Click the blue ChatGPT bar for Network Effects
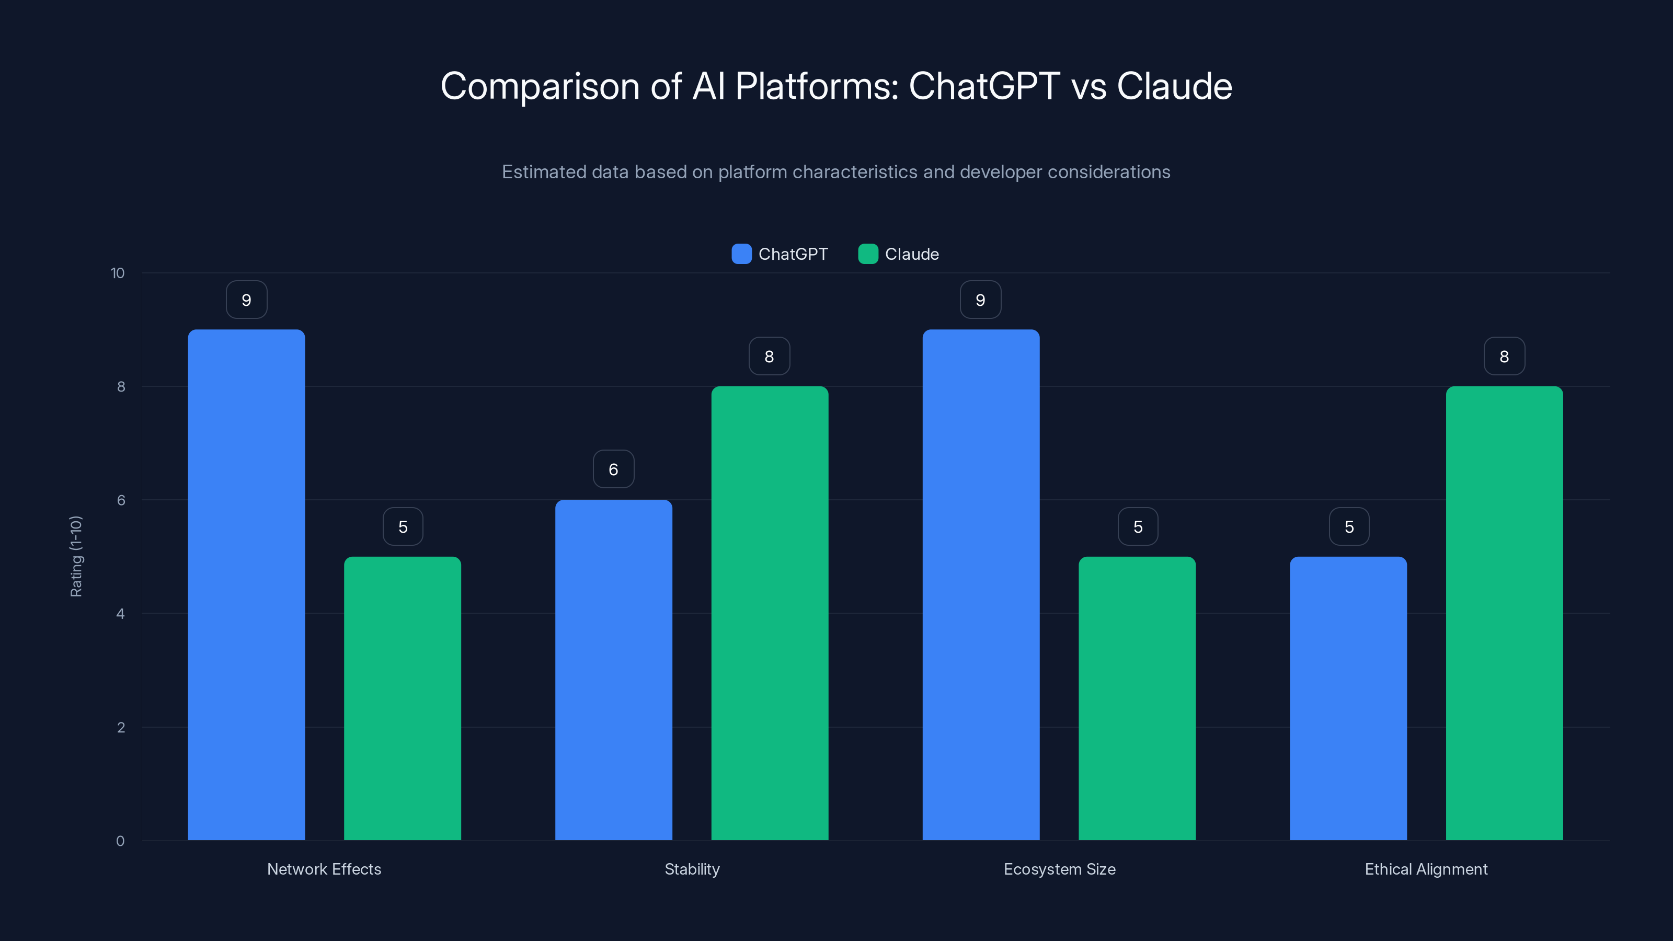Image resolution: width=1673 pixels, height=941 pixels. [246, 584]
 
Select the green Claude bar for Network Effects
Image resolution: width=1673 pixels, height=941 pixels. [402, 698]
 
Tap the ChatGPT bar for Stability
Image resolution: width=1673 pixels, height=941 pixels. [613, 670]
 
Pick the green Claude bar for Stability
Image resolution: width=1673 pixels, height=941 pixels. [770, 613]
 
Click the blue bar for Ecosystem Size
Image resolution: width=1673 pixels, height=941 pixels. [981, 584]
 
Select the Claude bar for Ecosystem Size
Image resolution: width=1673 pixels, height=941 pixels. [1137, 698]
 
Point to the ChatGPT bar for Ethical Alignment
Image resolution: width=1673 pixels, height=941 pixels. [1348, 698]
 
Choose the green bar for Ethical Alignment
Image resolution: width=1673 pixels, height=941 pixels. [1504, 613]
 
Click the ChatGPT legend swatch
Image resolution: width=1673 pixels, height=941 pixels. [741, 254]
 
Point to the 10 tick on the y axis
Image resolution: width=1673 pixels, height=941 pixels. [118, 273]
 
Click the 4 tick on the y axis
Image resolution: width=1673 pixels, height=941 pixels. [121, 614]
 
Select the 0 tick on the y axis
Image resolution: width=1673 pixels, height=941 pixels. [121, 841]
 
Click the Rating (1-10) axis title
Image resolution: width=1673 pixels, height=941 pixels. [76, 557]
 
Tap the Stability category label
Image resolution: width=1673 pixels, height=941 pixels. [692, 869]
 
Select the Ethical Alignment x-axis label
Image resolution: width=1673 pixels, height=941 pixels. [1426, 869]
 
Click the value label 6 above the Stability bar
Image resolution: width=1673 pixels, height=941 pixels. [613, 469]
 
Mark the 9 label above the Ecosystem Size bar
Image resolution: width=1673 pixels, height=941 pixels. [980, 300]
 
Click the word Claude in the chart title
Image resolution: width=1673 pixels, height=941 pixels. [1174, 86]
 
